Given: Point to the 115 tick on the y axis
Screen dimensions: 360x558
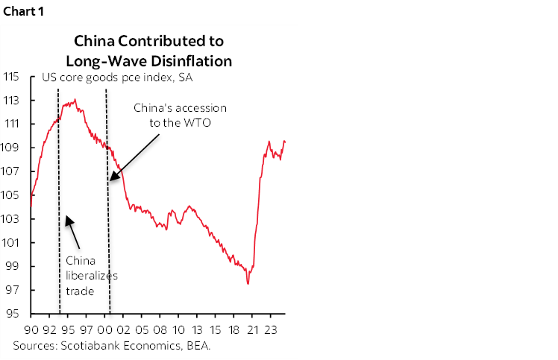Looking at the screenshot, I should pos(11,77).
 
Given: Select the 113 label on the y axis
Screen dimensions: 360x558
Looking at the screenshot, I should pos(11,101).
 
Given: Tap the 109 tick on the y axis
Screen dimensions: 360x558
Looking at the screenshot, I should pos(11,148).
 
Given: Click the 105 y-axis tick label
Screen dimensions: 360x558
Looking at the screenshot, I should pos(11,195).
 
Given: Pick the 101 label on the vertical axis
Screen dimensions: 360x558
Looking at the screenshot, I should pos(11,243).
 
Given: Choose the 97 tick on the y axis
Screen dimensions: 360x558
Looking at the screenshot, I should pos(13,290).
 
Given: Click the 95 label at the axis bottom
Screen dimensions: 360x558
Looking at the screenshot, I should pos(13,314).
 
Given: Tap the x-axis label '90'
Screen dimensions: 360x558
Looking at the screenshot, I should pos(31,329).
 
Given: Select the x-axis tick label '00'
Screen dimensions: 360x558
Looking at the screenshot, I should pos(105,329).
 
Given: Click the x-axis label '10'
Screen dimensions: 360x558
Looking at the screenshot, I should pos(179,329).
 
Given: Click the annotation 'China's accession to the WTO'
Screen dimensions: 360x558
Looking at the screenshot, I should pos(180,115).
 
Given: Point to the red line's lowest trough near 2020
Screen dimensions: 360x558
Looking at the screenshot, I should pos(248,283).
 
